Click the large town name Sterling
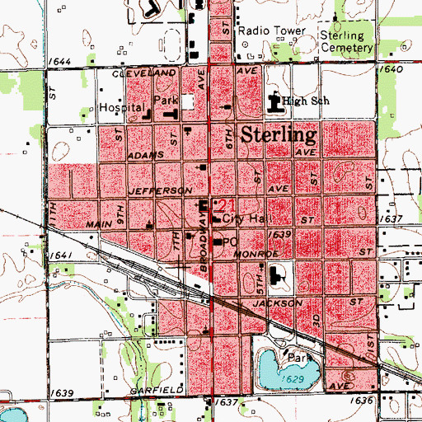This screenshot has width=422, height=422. [x=280, y=136]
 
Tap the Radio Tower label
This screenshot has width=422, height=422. [x=272, y=30]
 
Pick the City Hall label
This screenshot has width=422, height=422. [x=246, y=219]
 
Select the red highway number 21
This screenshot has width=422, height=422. [x=227, y=205]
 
